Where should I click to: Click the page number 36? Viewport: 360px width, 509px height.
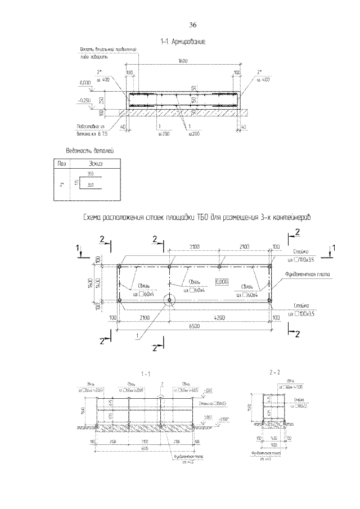(192, 25)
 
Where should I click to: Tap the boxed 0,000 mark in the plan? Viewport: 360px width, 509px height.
(222, 281)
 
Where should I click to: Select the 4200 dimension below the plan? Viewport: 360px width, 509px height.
(219, 317)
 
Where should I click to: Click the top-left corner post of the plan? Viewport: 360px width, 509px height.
(120, 266)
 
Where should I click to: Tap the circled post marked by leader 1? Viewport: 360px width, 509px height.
(169, 300)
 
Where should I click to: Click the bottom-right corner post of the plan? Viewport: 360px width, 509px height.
(269, 300)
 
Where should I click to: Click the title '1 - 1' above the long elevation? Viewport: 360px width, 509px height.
(147, 373)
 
